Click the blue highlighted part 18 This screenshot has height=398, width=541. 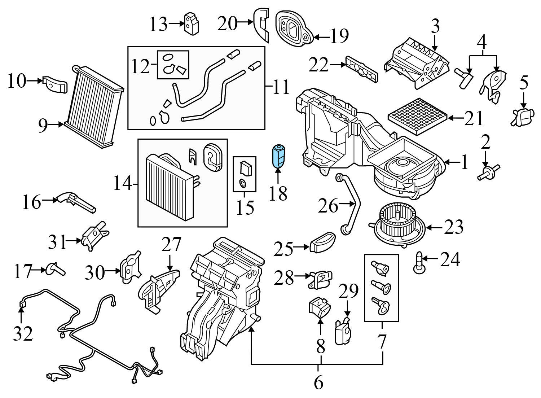278,156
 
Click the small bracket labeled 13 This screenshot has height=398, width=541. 192,23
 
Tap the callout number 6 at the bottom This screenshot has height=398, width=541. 318,382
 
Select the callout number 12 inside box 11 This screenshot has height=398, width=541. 140,66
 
